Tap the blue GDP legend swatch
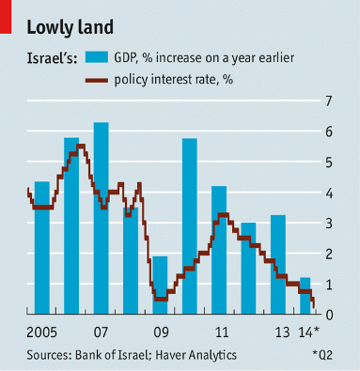pos(98,58)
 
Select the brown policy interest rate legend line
pos(97,80)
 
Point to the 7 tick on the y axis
pos(328,100)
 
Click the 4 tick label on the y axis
pos(328,193)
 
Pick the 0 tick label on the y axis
pos(328,315)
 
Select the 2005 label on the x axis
pos(40,332)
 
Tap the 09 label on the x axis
pos(161,332)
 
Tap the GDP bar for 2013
pos(278,264)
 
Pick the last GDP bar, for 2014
pos(305,295)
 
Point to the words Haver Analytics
pos(197,354)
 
